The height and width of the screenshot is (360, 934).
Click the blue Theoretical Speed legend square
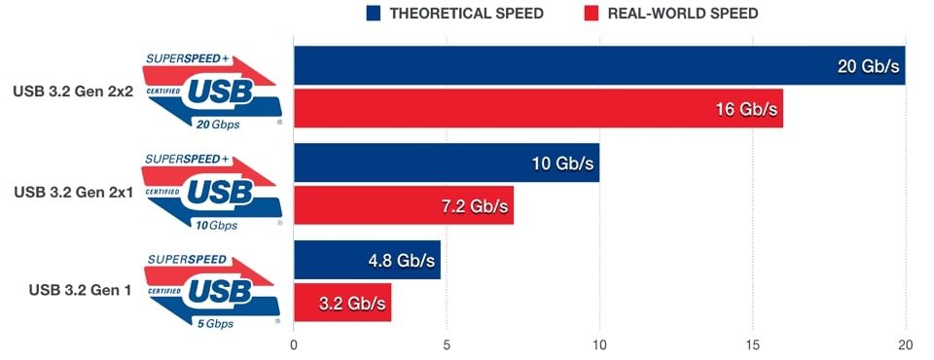(374, 14)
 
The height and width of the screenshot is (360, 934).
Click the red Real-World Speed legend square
(591, 14)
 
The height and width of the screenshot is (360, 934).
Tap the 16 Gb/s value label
(746, 109)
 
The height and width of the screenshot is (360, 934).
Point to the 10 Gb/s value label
(562, 163)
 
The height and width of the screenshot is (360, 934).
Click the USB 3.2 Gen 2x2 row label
(73, 92)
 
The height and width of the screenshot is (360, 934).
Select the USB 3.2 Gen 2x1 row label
(73, 192)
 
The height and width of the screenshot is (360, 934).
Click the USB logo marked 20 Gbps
(213, 90)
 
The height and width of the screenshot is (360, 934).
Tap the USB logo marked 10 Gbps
(213, 190)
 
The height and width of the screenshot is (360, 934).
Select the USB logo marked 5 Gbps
(213, 288)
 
